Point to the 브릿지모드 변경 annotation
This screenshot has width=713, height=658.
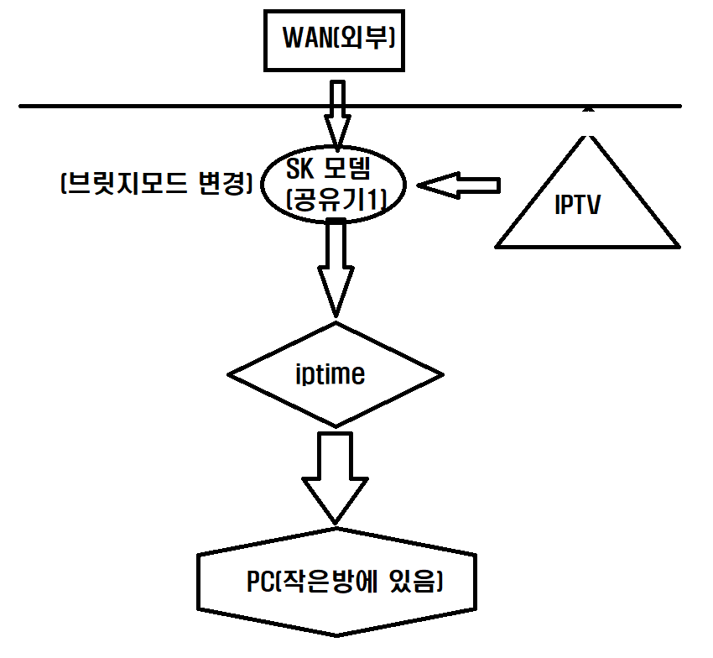pos(157,184)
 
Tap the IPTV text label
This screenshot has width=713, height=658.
pos(578,206)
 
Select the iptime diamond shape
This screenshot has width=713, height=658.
pos(336,373)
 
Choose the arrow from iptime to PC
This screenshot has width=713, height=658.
pos(336,474)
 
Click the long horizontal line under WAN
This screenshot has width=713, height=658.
pos(168,107)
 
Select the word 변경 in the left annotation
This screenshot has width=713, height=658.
pos(222,184)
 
